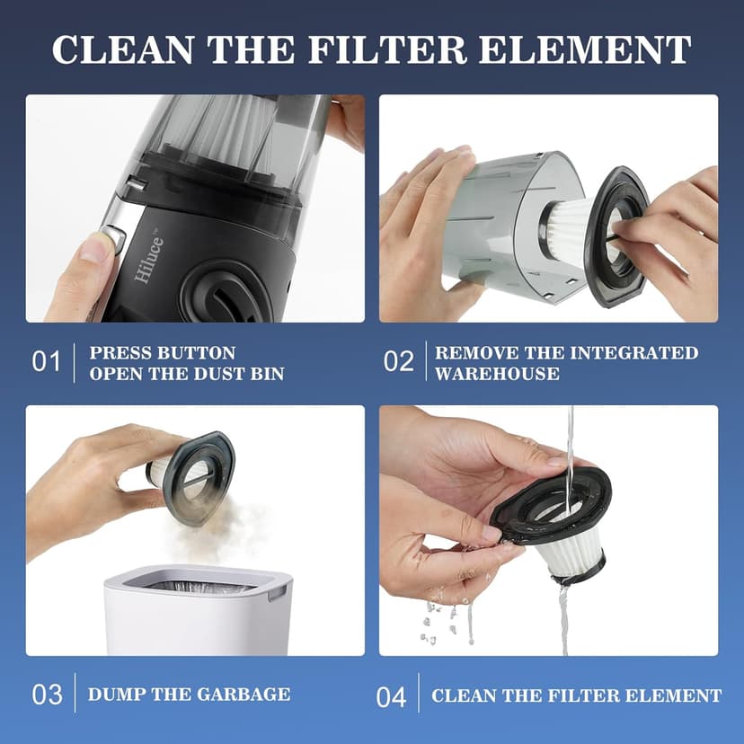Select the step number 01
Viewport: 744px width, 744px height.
47,362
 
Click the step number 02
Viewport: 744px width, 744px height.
398,362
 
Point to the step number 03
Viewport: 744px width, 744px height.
47,695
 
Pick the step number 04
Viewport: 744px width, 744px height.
391,696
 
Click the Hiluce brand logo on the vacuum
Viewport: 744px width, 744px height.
147,261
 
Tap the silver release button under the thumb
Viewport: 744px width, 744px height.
111,239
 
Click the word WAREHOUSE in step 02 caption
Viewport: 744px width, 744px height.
497,373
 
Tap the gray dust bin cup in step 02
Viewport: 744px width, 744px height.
503,216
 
